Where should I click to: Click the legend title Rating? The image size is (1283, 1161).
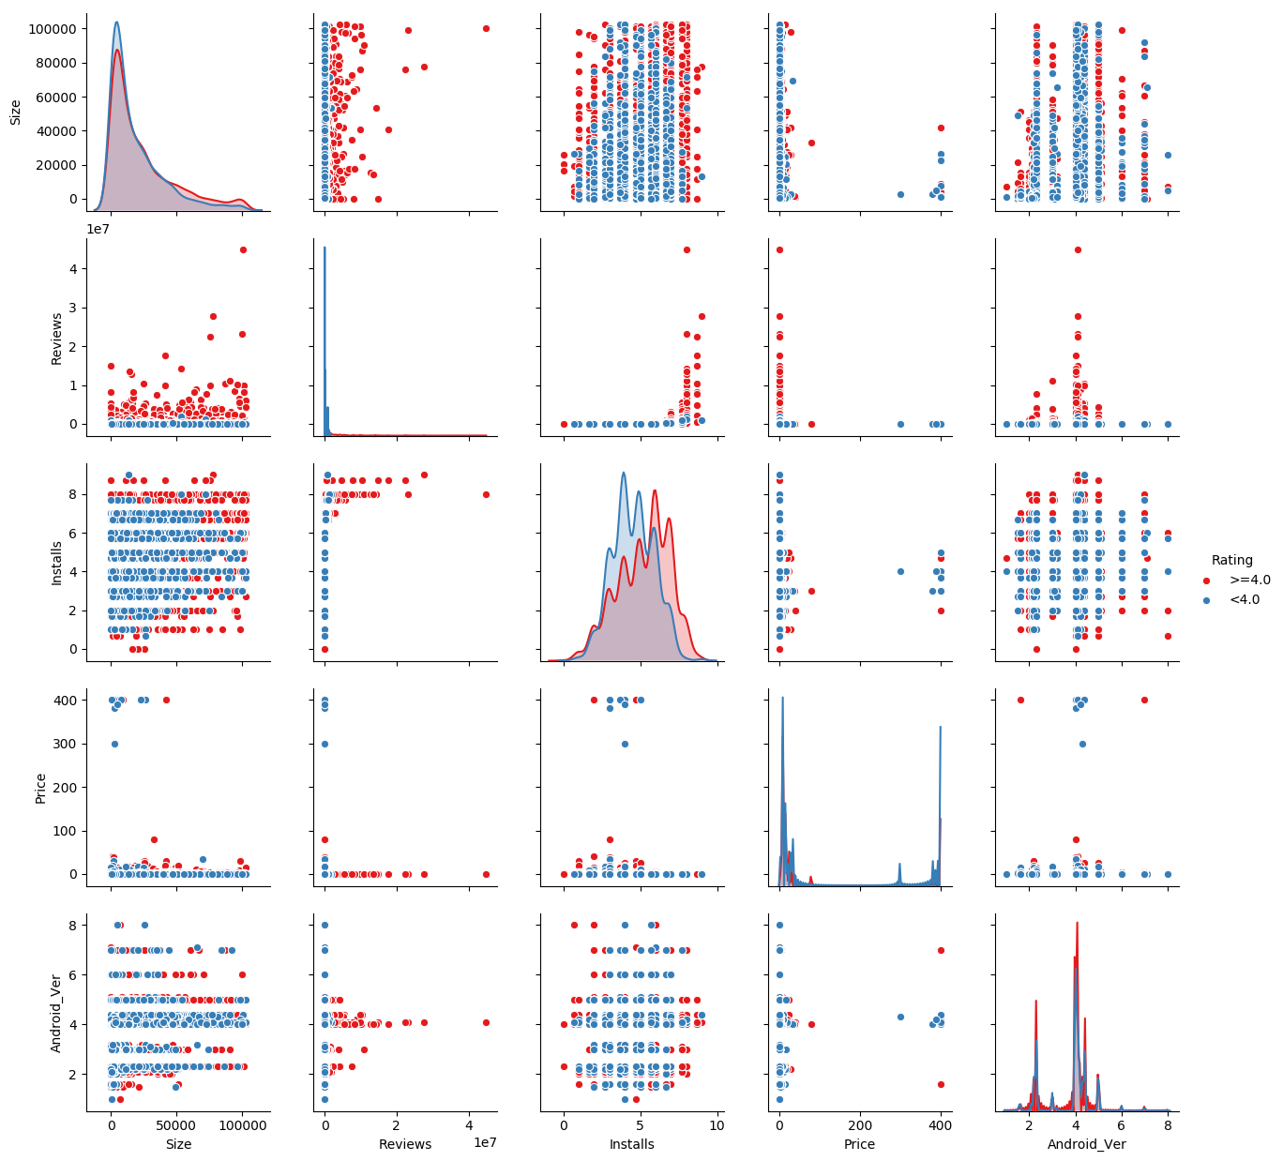pos(1231,560)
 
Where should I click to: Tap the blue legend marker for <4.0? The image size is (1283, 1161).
pos(1207,600)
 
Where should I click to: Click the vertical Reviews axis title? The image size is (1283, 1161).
pos(56,339)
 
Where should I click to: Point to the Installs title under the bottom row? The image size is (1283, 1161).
pos(632,1144)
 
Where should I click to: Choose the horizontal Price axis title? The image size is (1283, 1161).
pos(859,1144)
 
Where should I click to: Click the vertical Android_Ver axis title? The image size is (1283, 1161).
pos(56,1013)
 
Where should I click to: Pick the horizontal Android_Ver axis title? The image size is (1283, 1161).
pos(1086,1144)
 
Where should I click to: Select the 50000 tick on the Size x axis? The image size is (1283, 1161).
pos(176,1125)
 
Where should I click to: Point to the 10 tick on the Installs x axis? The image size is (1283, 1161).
pos(717,1125)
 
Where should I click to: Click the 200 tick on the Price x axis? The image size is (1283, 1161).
pos(860,1125)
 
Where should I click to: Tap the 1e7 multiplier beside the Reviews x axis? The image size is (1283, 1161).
pos(484,1142)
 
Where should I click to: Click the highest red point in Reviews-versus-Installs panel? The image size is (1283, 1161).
pos(687,249)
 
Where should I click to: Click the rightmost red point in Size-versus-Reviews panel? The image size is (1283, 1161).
pos(486,28)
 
